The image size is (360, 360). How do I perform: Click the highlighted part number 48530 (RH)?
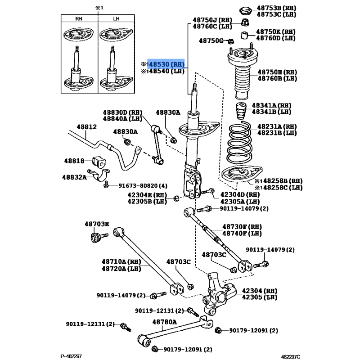[x=166, y=64]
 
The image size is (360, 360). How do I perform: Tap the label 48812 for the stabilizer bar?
[x=86, y=127]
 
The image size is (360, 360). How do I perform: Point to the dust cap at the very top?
[x=245, y=11]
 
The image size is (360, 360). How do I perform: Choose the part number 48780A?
[x=165, y=322]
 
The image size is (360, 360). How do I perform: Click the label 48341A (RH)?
[x=271, y=105]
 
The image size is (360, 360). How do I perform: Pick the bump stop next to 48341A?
[x=241, y=111]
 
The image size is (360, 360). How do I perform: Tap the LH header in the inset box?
[x=116, y=18]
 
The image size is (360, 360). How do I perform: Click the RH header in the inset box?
[x=79, y=18]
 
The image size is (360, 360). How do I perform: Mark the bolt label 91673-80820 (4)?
[x=143, y=185]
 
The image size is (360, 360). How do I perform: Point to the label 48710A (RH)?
[x=121, y=261]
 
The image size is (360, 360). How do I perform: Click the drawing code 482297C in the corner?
[x=291, y=356]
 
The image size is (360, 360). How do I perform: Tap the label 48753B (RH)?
[x=276, y=8]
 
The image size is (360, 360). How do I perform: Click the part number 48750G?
[x=211, y=40]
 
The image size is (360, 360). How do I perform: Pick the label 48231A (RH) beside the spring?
[x=277, y=126]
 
